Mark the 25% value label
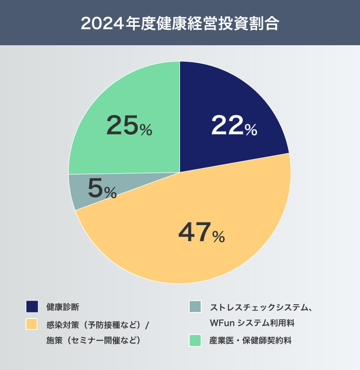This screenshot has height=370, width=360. coord(129,126)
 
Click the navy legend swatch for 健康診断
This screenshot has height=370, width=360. coord(32,307)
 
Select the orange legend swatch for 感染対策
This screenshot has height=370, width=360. coord(32,324)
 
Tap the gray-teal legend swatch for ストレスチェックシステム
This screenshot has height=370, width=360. coord(195,307)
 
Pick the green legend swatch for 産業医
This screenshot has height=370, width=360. coord(195,340)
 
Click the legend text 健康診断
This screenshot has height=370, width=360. coord(62,307)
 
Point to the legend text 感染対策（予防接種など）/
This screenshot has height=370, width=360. coord(97,324)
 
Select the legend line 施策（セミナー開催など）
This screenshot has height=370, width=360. coord(93,340)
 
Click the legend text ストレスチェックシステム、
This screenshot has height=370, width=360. coord(261,307)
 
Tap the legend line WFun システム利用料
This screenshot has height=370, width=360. coord(251,324)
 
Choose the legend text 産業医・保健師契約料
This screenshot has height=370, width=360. coord(250,340)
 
